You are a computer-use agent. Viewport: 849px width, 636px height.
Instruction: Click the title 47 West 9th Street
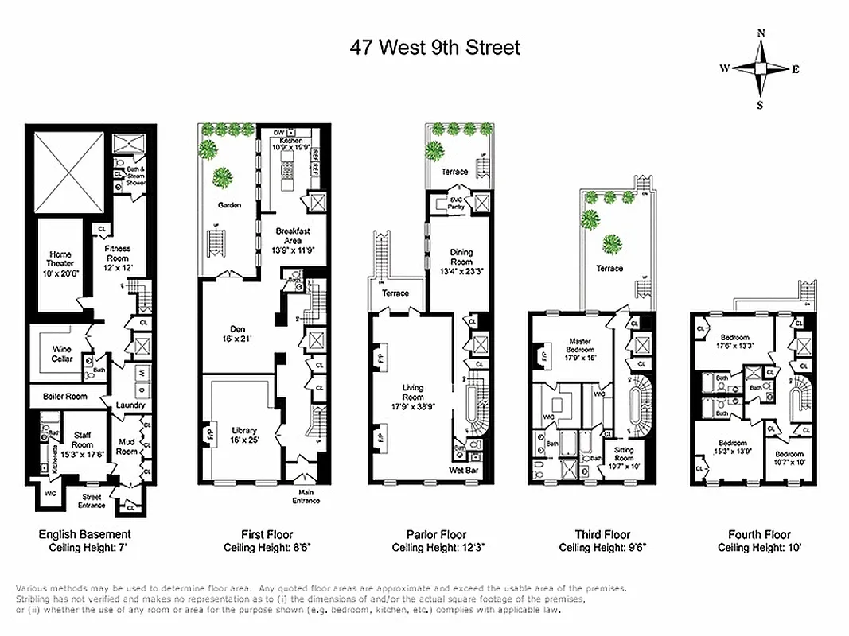[x=435, y=48]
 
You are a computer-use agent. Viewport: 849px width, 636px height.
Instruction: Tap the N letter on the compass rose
[x=761, y=33]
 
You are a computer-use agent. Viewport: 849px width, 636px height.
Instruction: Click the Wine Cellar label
[x=63, y=354]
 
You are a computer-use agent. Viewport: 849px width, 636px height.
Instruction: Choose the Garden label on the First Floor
[x=229, y=204]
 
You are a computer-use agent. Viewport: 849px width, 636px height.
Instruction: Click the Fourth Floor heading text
[x=759, y=535]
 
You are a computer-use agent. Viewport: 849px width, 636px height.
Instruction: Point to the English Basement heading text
[x=85, y=535]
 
